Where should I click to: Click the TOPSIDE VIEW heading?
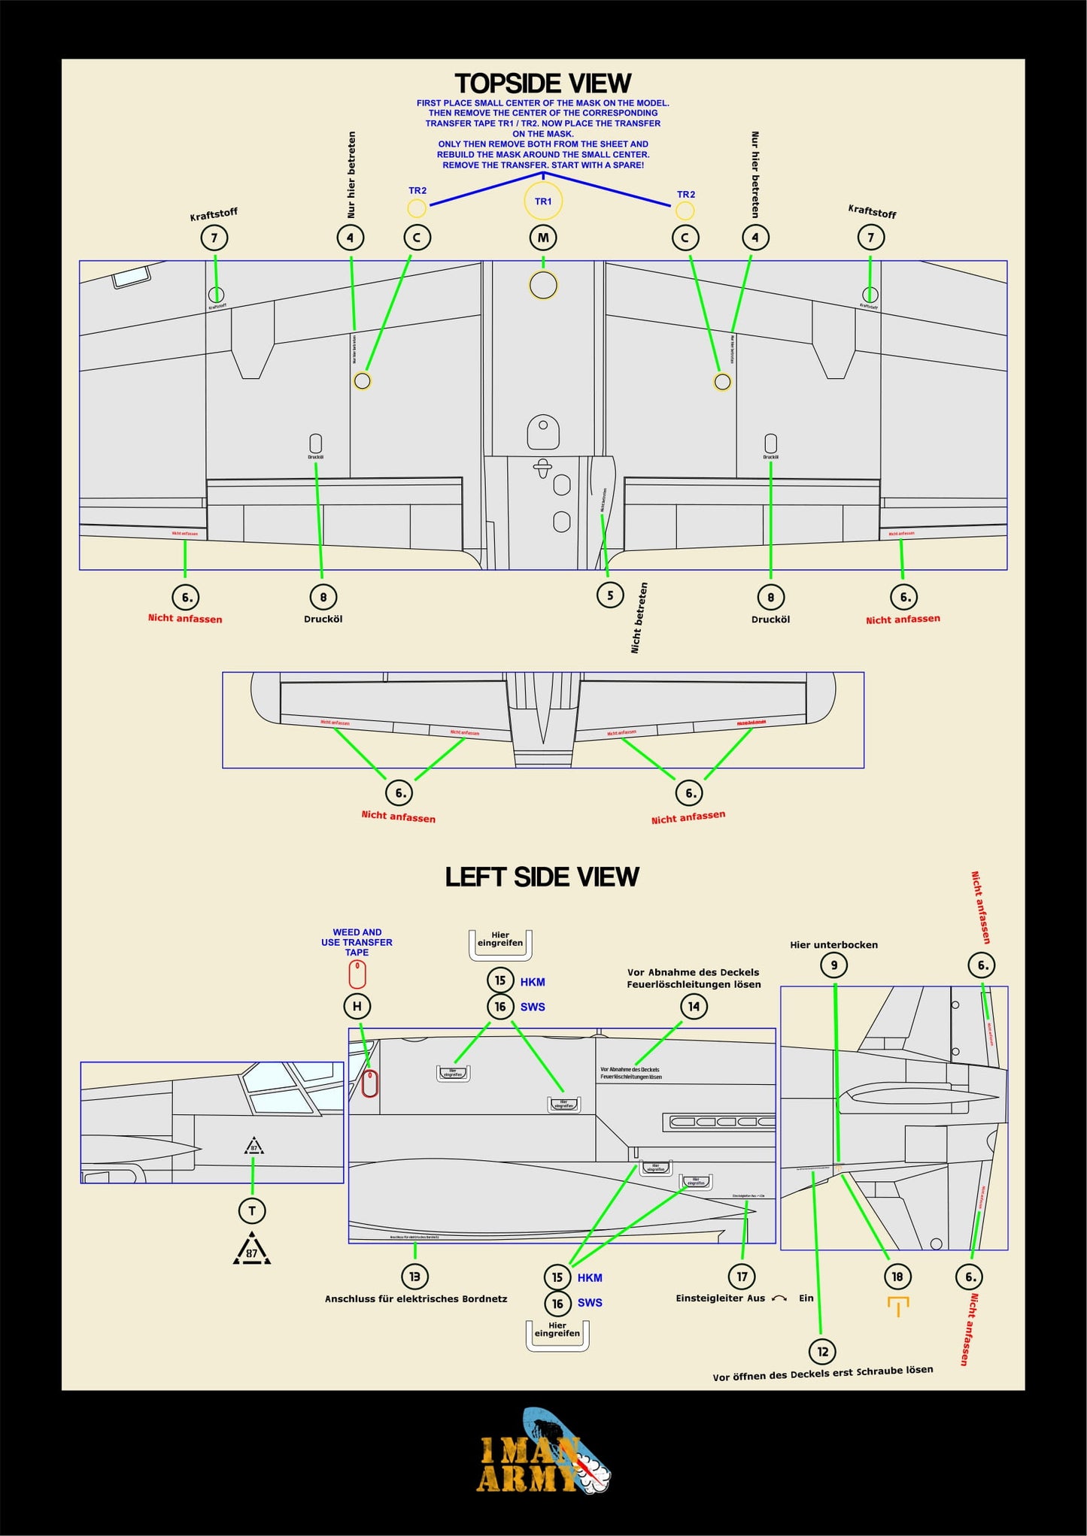click(542, 83)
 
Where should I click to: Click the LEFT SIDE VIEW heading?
click(542, 877)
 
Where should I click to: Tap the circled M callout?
click(543, 238)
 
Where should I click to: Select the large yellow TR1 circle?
click(543, 201)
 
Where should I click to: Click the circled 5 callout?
click(610, 595)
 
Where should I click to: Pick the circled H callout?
click(357, 1006)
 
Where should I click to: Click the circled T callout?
click(252, 1210)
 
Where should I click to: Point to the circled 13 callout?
click(414, 1276)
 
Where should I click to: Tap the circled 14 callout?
click(694, 1006)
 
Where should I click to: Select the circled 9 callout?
click(833, 965)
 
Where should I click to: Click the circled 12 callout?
click(823, 1351)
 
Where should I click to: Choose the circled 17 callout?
click(742, 1276)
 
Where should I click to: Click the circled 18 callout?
click(897, 1276)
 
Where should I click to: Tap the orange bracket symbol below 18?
click(898, 1305)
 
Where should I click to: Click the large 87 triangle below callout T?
click(252, 1250)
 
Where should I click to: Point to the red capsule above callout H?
click(357, 974)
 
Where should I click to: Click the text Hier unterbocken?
click(833, 945)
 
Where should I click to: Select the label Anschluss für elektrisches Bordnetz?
click(416, 1298)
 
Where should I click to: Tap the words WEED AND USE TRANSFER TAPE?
click(357, 942)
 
